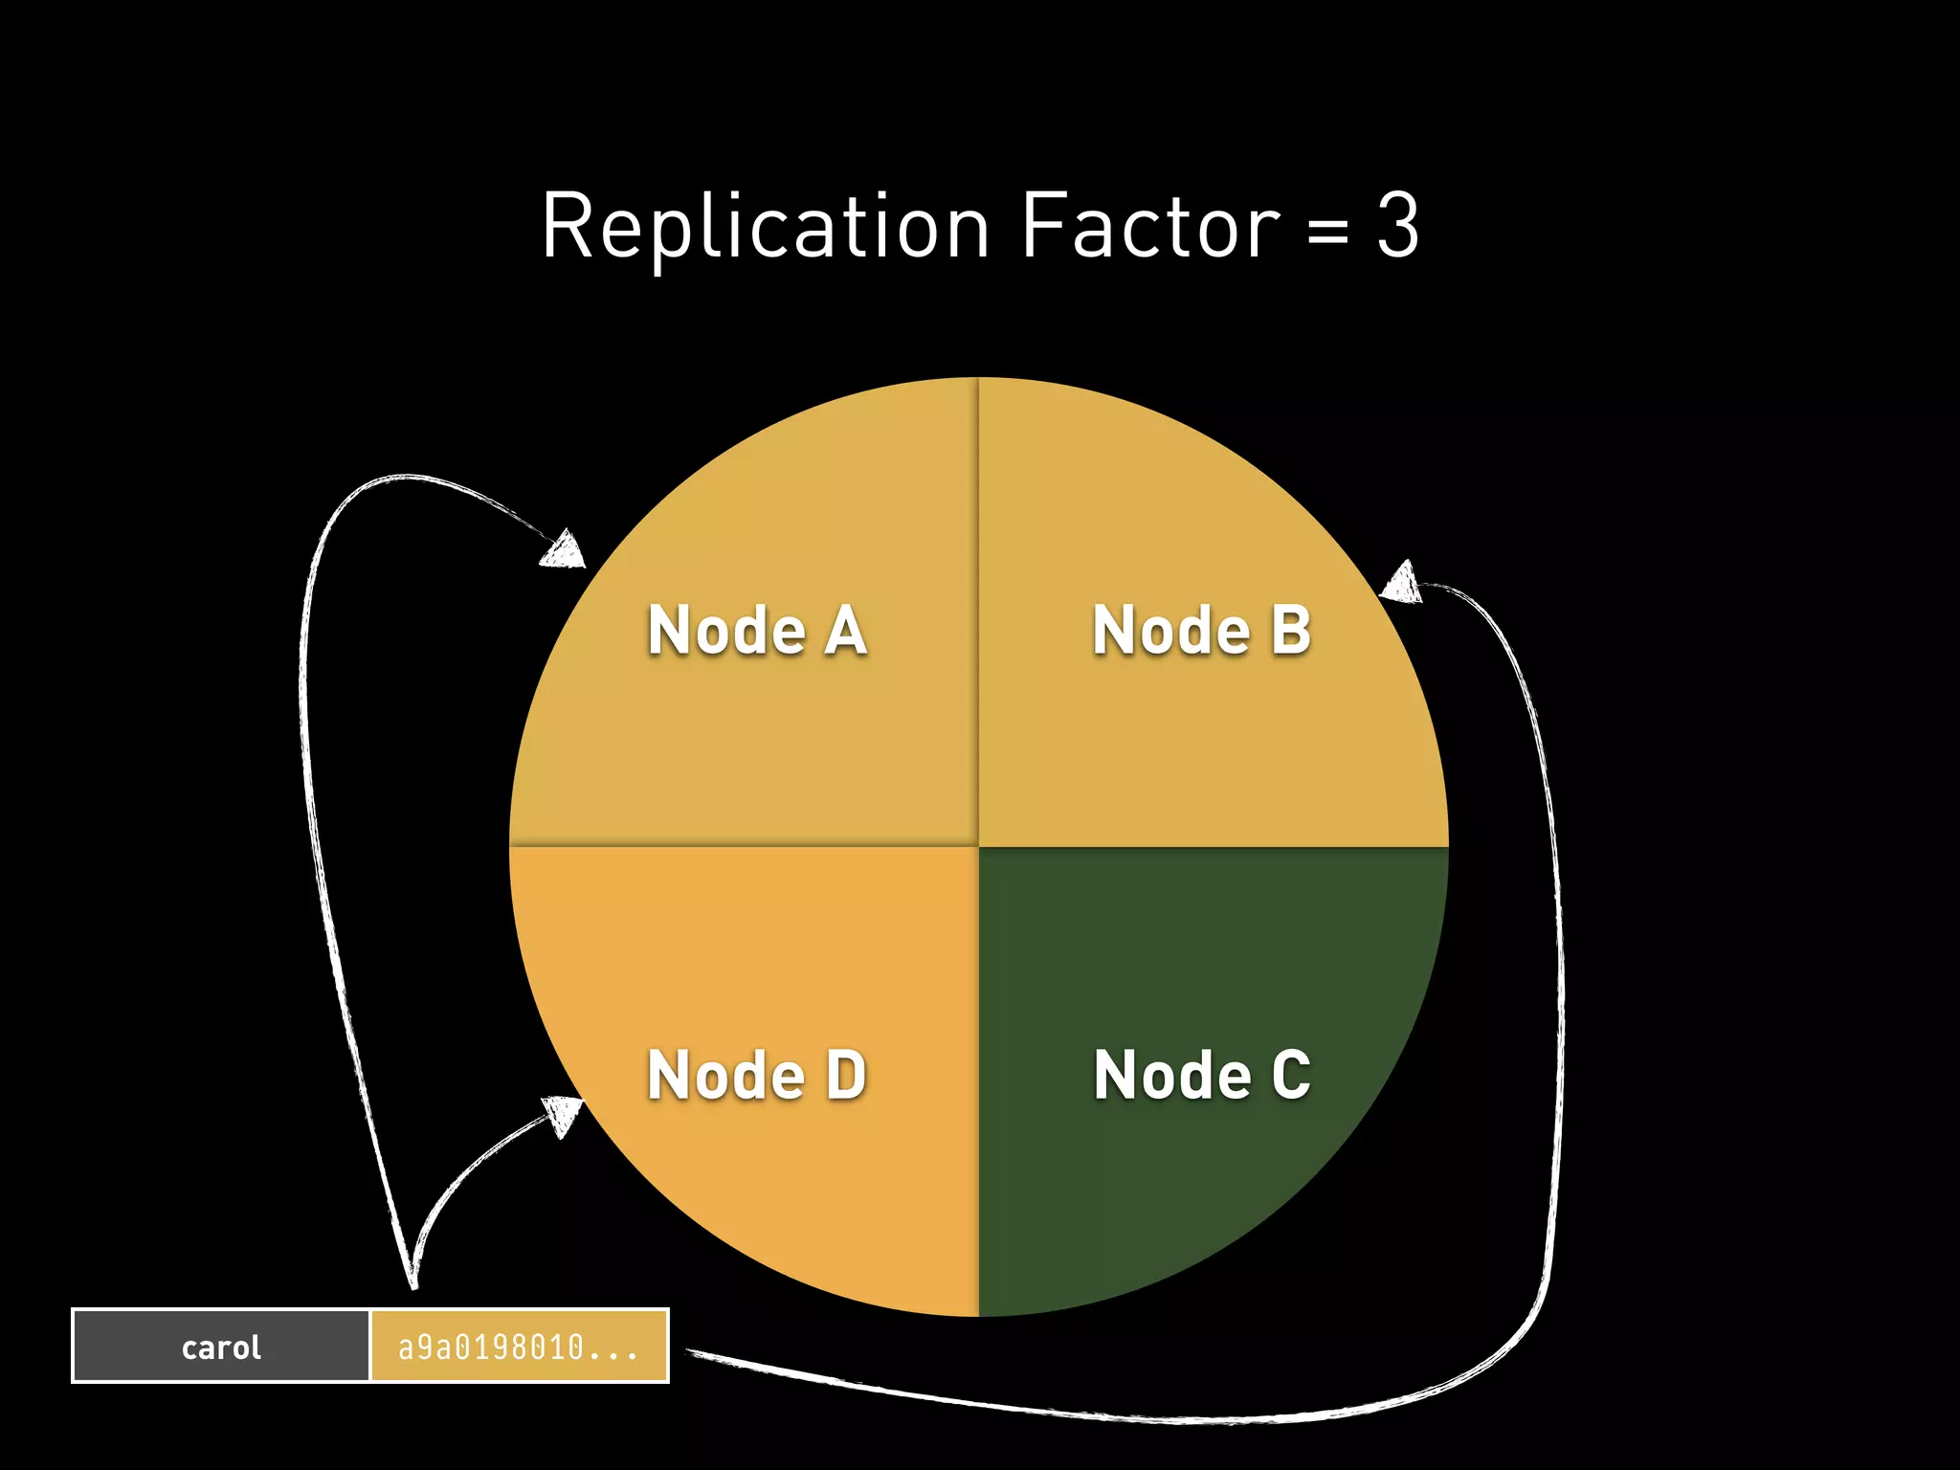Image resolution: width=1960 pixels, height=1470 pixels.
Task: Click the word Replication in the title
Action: (x=766, y=227)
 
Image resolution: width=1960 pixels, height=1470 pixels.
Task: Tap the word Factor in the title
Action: (x=1149, y=227)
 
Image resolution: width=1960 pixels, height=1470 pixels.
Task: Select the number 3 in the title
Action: (x=1397, y=227)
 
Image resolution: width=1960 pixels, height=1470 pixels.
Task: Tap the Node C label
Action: (x=1201, y=1074)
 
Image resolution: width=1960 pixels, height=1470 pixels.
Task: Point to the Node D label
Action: (x=757, y=1074)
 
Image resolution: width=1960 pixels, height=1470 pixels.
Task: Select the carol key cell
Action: (x=221, y=1347)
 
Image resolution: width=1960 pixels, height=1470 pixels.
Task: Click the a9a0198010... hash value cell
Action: (x=519, y=1347)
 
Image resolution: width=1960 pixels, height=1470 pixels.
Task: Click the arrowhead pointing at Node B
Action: (x=1401, y=582)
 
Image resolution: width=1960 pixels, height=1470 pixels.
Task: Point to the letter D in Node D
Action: (x=846, y=1074)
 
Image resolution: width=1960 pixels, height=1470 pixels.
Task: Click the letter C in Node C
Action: (x=1290, y=1074)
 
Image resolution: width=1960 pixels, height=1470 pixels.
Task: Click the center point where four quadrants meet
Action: (x=978, y=846)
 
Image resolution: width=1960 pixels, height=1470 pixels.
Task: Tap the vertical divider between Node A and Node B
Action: (x=978, y=612)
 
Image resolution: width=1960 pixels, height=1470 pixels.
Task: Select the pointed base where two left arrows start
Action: (x=413, y=1282)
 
